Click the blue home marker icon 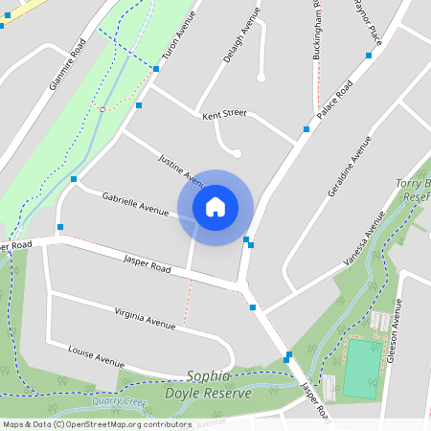coord(215,207)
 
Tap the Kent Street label coord(224,114)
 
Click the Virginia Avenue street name coord(145,318)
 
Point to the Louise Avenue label coord(97,357)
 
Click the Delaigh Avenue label coord(241,35)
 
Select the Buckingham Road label coord(317,29)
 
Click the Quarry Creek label coord(120,402)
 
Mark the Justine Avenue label coord(182,170)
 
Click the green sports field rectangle coord(361,369)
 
